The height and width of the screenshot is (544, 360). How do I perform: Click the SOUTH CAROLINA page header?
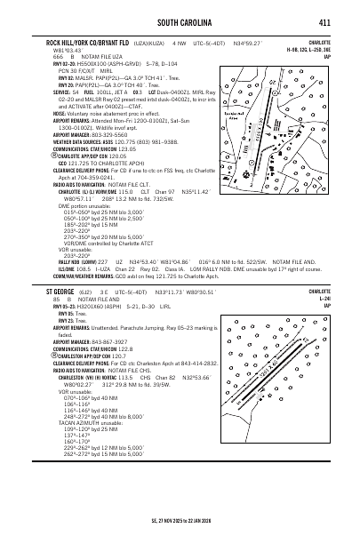coord(180,21)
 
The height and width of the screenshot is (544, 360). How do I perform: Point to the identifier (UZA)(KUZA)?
coord(148,42)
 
